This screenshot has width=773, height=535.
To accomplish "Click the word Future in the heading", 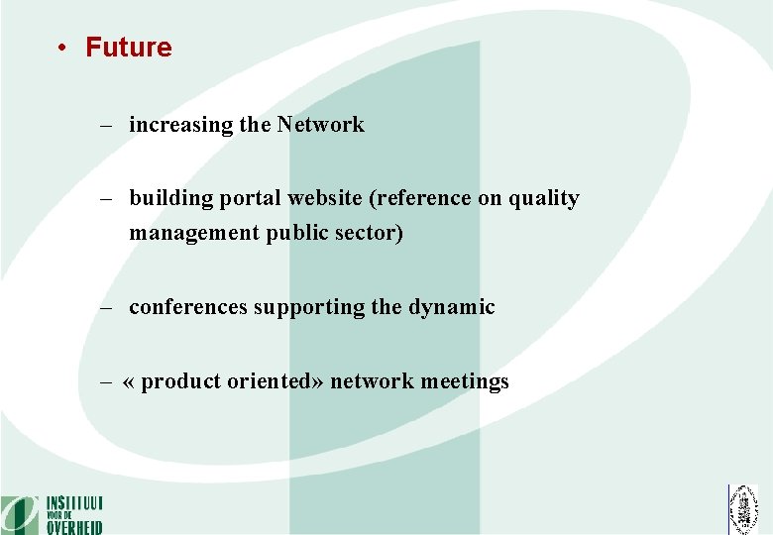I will (128, 48).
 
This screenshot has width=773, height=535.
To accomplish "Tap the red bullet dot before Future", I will (61, 49).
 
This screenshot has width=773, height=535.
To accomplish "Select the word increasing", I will (181, 125).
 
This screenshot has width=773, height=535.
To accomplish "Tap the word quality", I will (543, 198).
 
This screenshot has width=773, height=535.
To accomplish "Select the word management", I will (192, 235).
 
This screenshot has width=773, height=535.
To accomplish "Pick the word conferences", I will (188, 307).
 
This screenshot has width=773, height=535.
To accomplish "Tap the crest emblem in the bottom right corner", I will (742, 509).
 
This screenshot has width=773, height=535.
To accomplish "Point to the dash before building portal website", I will (106, 198).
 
